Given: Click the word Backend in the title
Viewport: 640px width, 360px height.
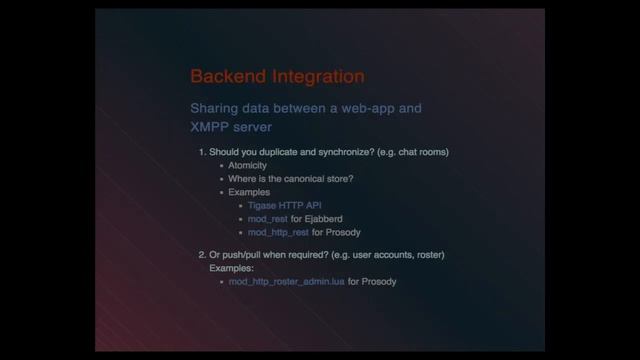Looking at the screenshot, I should pyautogui.click(x=223, y=76).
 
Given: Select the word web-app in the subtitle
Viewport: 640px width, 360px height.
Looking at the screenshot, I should pyautogui.click(x=371, y=108).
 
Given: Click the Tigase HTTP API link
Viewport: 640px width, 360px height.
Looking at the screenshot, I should pyautogui.click(x=271, y=205).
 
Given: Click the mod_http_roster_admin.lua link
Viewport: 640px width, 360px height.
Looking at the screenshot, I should pyautogui.click(x=286, y=282).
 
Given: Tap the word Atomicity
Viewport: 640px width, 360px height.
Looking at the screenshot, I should pyautogui.click(x=247, y=165).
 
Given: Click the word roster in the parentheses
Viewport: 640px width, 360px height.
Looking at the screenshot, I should pyautogui.click(x=428, y=256).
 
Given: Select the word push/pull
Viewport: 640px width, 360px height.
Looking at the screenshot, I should pyautogui.click(x=240, y=256).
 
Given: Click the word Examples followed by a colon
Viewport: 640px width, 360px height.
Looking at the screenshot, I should pyautogui.click(x=232, y=269).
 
